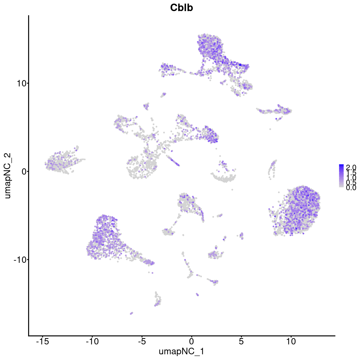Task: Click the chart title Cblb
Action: coord(181,8)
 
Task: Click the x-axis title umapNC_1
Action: coord(181,351)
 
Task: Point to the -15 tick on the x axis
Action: coord(42,341)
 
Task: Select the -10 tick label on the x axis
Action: coord(92,341)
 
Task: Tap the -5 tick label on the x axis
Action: coord(142,341)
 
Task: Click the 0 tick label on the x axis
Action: coord(191,341)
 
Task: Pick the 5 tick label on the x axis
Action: coord(241,341)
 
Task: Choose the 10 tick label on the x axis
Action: coord(291,341)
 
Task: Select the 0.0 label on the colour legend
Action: coord(351,188)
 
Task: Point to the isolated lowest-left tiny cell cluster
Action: coord(131,313)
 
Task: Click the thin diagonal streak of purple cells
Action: coord(173,160)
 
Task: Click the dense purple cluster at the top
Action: coord(210,48)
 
